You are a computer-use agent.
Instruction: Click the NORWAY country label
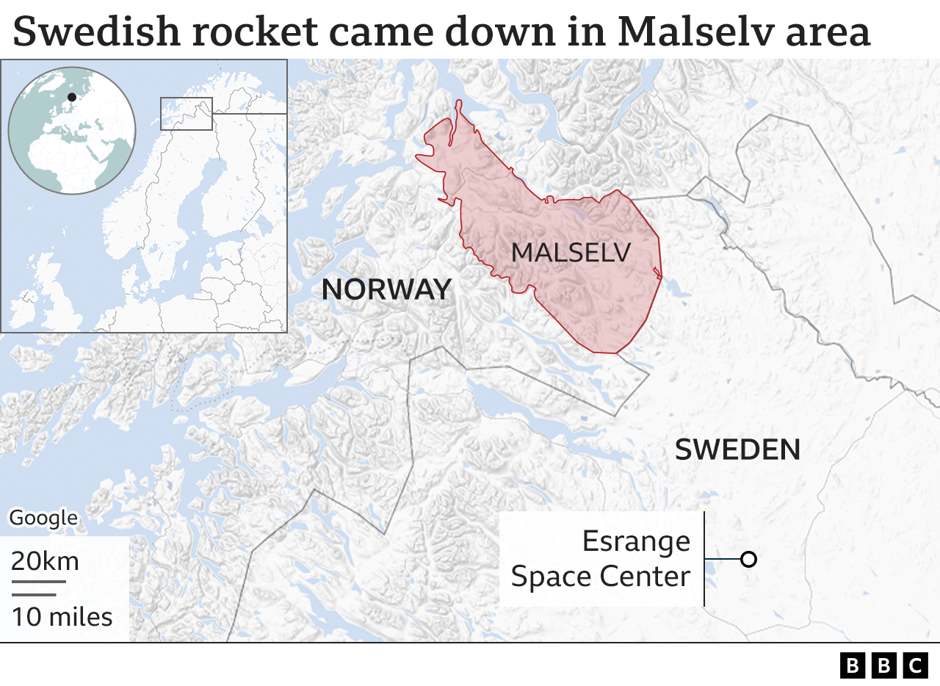coord(386,289)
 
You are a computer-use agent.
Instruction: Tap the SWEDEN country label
coord(737,449)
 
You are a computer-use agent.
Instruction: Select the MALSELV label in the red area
coord(571,253)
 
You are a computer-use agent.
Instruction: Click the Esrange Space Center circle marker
coord(748,560)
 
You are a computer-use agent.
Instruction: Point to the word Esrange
coord(636,542)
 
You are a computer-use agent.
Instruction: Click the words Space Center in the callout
coord(601,577)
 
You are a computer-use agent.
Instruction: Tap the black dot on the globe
coord(71,97)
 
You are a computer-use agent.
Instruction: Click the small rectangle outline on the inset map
coord(187,114)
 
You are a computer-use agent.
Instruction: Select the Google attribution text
coord(43,518)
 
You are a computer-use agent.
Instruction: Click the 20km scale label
coord(45,562)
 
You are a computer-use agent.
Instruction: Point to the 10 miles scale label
coord(62,617)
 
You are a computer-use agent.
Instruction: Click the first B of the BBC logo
coord(853,665)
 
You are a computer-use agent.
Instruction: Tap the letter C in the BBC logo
coord(915,665)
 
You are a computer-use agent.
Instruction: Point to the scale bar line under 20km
coord(38,582)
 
